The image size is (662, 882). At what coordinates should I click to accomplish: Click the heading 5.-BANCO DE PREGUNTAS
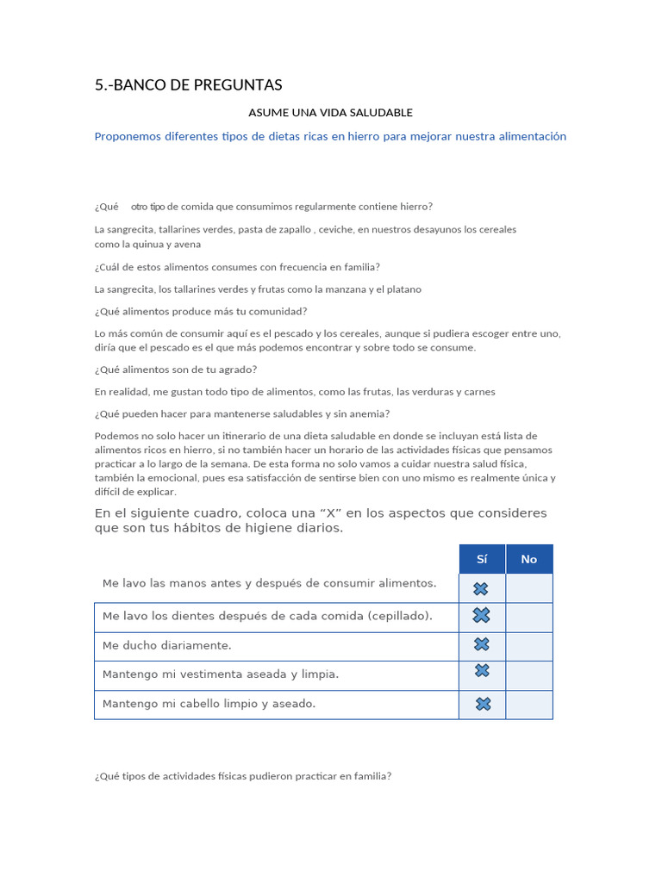point(188,84)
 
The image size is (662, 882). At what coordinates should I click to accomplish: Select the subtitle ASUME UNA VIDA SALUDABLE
point(330,112)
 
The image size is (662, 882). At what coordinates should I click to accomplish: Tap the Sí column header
point(482,559)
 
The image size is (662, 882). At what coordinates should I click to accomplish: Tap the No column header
point(528,559)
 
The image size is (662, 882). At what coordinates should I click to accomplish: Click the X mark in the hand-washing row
point(481,588)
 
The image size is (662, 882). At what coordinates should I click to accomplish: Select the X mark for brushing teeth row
point(481,615)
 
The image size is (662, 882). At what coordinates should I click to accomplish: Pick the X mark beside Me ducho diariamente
point(482,644)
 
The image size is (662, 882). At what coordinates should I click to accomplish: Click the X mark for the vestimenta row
point(482,670)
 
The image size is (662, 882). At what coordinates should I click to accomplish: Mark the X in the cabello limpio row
point(484,704)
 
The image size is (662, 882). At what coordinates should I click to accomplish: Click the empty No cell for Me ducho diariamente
point(528,645)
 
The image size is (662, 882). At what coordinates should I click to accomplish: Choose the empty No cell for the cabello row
point(528,704)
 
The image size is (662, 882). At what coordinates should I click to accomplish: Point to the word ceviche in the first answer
point(335,230)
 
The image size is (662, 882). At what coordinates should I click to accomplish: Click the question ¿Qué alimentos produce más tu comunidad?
point(200,311)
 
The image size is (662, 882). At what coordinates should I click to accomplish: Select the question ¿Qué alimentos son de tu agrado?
point(176,370)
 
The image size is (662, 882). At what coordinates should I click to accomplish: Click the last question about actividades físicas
point(243,776)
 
